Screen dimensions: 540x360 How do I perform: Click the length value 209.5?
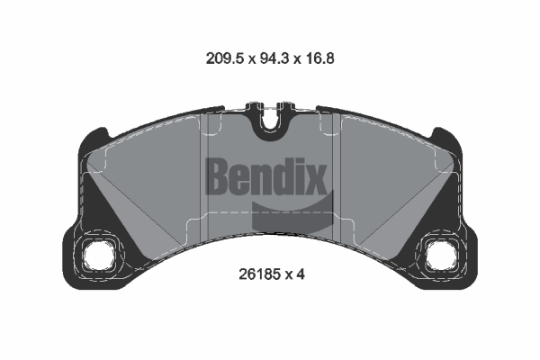[225, 58]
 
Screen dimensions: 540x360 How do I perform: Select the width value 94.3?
[274, 58]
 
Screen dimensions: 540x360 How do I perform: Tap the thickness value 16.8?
[319, 58]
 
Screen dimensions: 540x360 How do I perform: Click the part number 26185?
[259, 274]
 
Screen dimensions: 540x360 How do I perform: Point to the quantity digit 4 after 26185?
[301, 274]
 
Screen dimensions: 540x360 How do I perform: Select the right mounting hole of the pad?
[441, 256]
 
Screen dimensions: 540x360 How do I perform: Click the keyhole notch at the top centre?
[270, 119]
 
